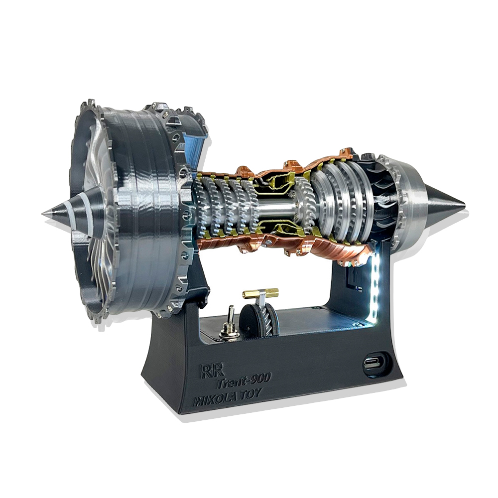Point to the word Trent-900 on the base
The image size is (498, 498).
(244, 380)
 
